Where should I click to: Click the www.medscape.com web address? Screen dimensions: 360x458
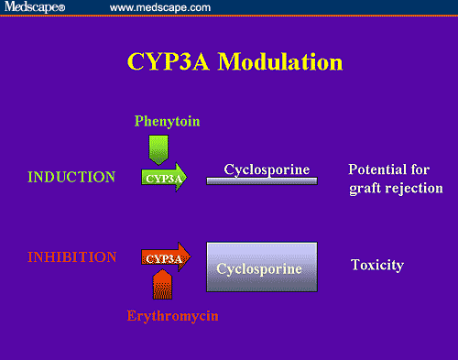point(159,8)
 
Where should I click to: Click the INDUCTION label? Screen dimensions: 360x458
point(72,177)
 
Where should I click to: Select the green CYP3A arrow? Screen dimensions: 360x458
point(164,178)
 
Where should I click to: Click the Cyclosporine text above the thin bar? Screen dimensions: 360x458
point(267,169)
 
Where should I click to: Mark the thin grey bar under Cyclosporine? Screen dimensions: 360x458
point(262,181)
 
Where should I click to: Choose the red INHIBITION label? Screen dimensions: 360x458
point(72,257)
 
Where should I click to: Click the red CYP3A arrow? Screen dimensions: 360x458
point(165,258)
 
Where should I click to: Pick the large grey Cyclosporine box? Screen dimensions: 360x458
point(262,267)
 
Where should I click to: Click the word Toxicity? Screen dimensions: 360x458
point(377,266)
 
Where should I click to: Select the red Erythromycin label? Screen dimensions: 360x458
point(173,316)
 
